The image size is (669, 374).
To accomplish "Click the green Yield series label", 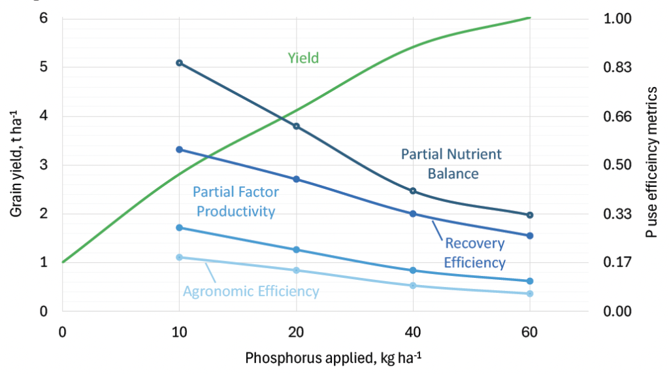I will (x=303, y=58).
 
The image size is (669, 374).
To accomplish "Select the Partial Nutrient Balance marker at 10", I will (x=179, y=63).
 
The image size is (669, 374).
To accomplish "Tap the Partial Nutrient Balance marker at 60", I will (x=529, y=215).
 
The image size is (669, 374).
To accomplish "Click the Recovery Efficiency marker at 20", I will (x=296, y=179).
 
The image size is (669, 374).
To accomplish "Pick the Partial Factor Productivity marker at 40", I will (x=413, y=271).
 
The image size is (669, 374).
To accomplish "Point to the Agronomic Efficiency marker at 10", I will (x=179, y=258).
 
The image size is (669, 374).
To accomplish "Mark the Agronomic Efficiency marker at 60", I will (x=529, y=294).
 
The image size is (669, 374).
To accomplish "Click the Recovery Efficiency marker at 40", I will (x=413, y=214).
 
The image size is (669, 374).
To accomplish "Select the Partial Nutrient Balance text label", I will (x=451, y=164).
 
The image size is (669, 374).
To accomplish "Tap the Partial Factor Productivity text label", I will (x=236, y=202).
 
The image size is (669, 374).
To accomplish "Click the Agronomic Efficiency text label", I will (x=251, y=292).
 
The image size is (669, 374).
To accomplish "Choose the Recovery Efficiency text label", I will (x=475, y=253).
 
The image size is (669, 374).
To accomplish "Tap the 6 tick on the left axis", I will (x=44, y=18).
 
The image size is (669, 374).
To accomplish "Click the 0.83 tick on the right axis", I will (x=622, y=67).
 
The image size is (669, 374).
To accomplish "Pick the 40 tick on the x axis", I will (x=413, y=333).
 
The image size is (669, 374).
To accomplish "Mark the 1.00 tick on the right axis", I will (x=622, y=18).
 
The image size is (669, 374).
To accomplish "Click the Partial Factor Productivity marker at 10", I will (x=179, y=228).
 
